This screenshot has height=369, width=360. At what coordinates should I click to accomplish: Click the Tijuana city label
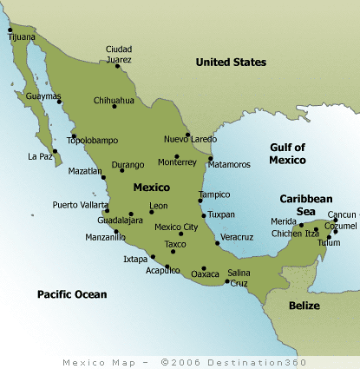pos(23,38)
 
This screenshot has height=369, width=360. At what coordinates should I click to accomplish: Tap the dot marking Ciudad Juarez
pos(117,65)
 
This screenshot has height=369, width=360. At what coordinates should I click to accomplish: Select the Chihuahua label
pos(115,100)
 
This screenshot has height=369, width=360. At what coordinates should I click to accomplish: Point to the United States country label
pos(231,62)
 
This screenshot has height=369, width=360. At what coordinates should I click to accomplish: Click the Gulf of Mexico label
pos(286,153)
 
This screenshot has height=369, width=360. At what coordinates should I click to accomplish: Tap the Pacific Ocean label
pos(72,295)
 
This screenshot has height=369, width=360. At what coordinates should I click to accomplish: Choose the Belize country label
pos(304,306)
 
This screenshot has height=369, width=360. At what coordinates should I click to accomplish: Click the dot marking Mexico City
pos(180,234)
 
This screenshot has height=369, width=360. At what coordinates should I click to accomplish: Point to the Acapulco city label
pos(162,270)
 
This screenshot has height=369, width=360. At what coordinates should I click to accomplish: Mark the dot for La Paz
pos(55,151)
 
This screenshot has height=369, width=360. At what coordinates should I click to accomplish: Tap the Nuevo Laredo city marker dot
pos(187,135)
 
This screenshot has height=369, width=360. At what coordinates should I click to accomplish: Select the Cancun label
pos(342,214)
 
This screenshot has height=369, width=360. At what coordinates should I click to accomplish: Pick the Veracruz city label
pos(237,237)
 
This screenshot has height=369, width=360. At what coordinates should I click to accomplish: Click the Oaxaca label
pos(205,275)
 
